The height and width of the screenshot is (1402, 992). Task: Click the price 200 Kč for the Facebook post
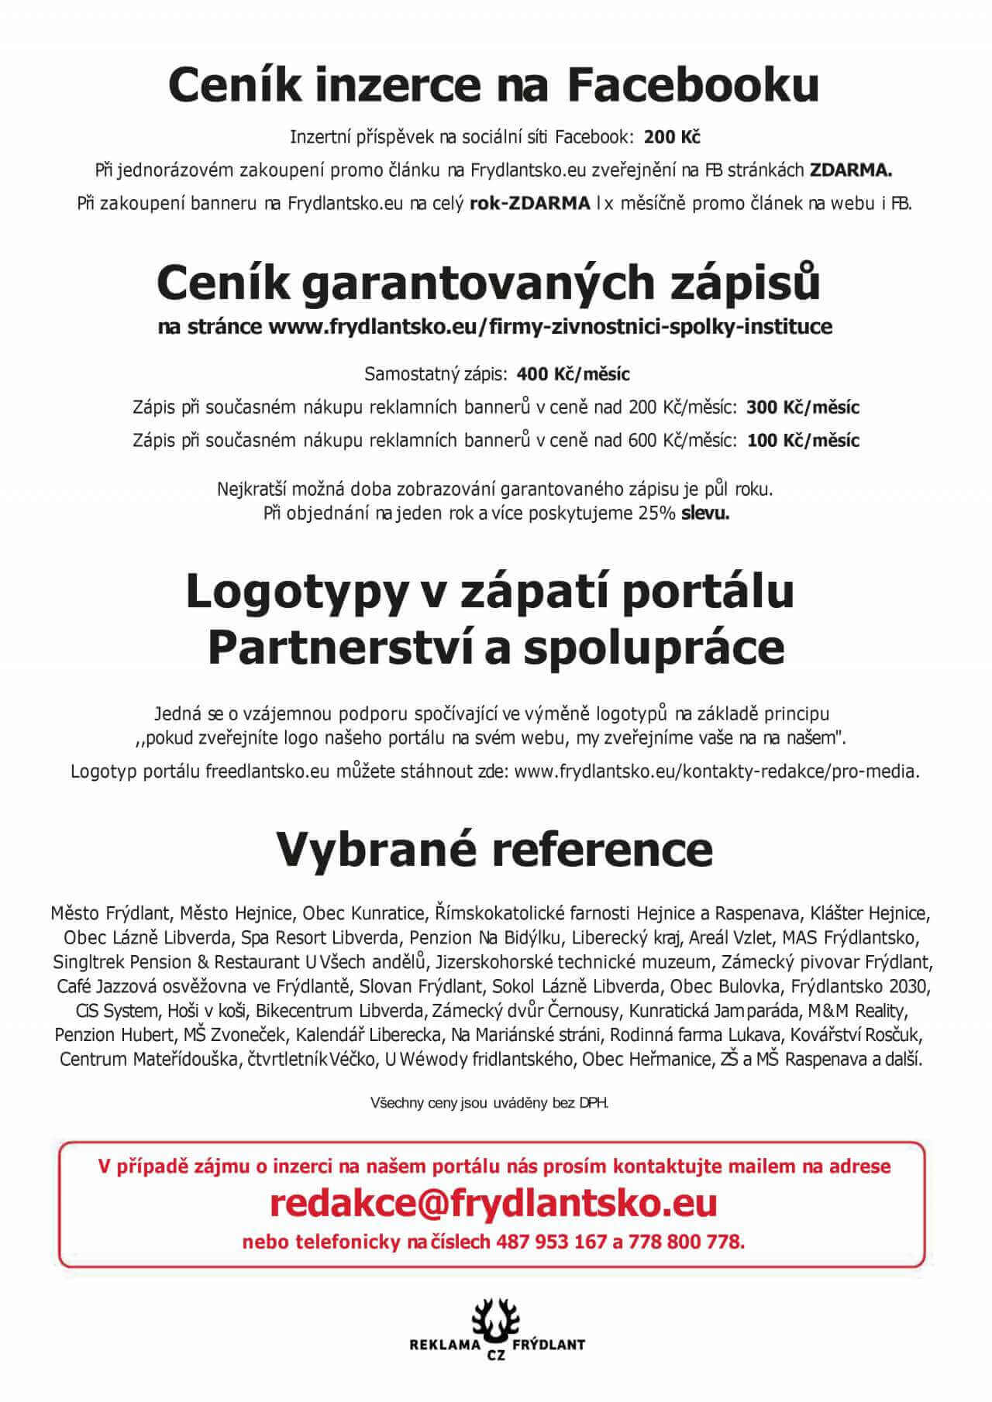(x=672, y=138)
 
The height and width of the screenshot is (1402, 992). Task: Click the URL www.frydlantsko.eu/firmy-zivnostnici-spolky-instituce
(x=550, y=327)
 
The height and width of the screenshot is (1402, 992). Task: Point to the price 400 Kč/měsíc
(x=573, y=375)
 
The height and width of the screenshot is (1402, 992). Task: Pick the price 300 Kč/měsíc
(x=803, y=407)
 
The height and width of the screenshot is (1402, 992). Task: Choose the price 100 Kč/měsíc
(x=803, y=441)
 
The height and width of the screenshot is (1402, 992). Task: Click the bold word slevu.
(x=705, y=514)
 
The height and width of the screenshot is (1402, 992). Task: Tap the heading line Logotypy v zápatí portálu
(x=490, y=593)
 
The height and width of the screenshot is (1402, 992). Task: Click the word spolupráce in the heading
(x=653, y=648)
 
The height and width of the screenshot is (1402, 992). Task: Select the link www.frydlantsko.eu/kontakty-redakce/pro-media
(x=717, y=771)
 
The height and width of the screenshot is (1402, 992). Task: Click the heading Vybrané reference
(x=494, y=850)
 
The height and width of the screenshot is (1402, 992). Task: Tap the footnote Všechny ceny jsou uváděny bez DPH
(x=490, y=1102)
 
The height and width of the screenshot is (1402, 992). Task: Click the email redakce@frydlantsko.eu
(x=494, y=1203)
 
